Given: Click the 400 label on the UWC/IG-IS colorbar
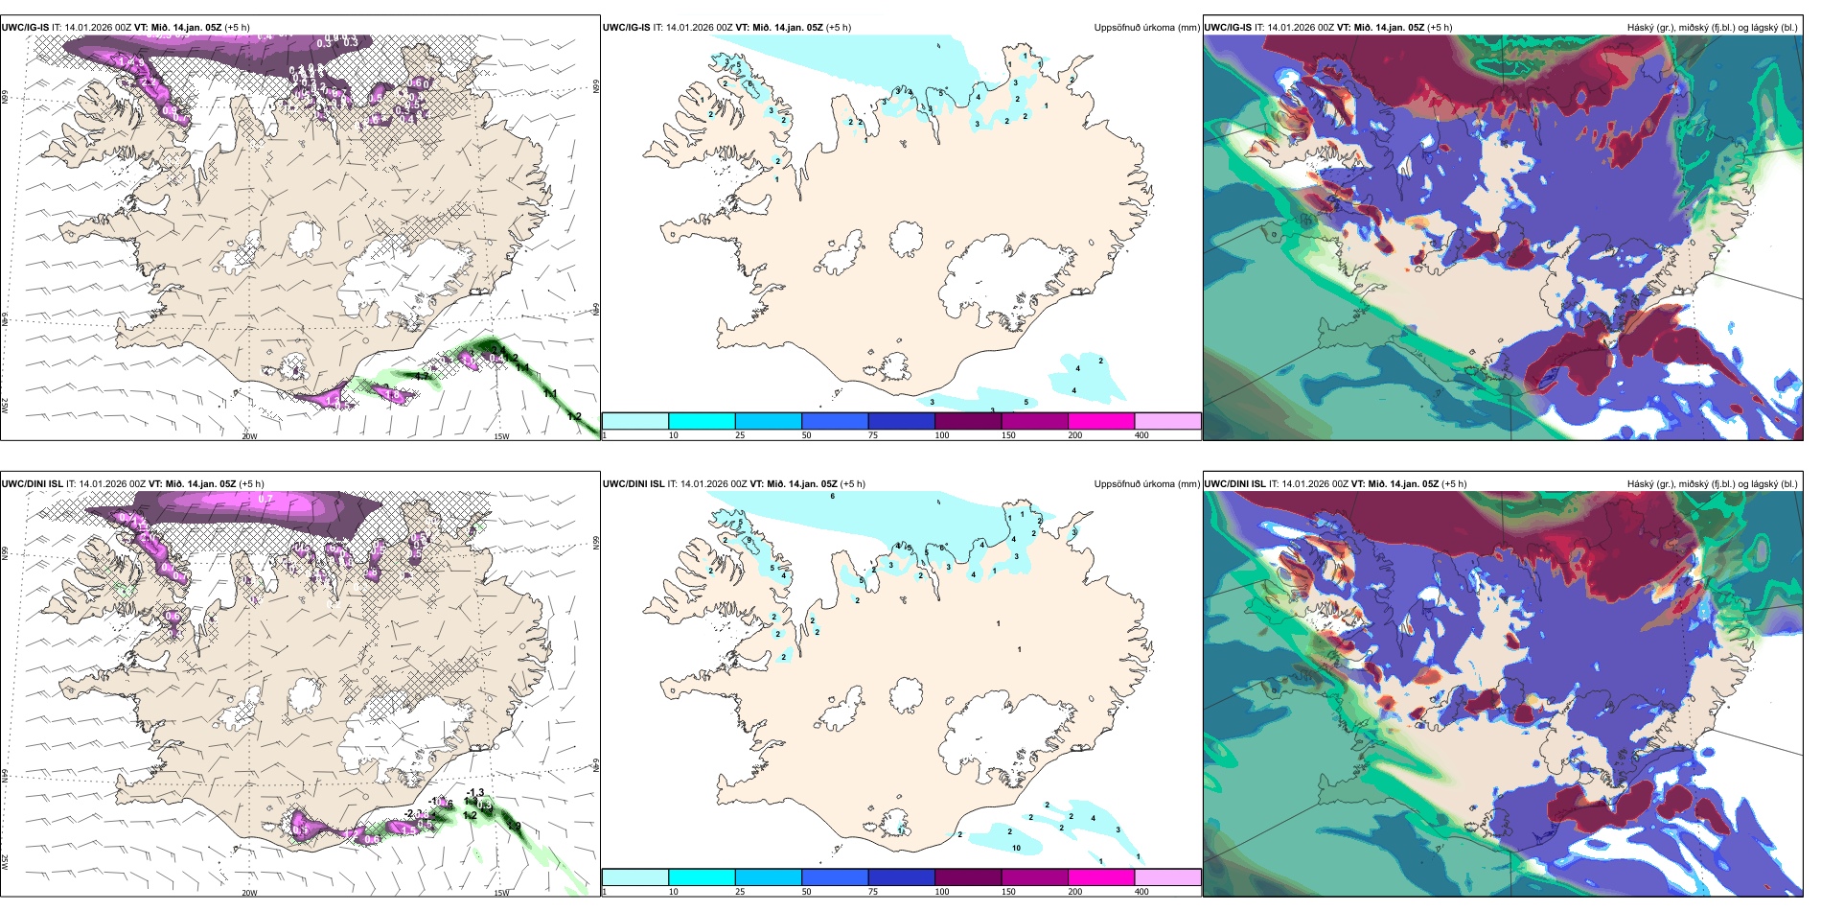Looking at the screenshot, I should [x=1141, y=435].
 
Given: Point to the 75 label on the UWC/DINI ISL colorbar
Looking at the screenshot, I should [x=873, y=892].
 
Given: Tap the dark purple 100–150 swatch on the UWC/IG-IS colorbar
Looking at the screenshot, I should [x=968, y=421].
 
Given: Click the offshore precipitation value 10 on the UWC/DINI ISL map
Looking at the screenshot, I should [x=1016, y=848].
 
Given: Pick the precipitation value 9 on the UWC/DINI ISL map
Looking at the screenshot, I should [x=749, y=540].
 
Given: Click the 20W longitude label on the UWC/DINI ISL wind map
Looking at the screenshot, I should [x=249, y=893].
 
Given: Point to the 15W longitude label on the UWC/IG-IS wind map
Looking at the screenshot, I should [x=500, y=436].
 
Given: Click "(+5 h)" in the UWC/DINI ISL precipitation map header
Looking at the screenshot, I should [x=852, y=484].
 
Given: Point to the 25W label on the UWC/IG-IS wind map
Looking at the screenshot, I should [x=6, y=406].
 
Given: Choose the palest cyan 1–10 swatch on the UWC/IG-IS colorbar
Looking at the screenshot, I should [x=635, y=421].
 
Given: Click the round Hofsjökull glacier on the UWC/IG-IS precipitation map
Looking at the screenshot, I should [x=906, y=238].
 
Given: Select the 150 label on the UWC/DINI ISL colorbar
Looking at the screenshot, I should [x=1007, y=892].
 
